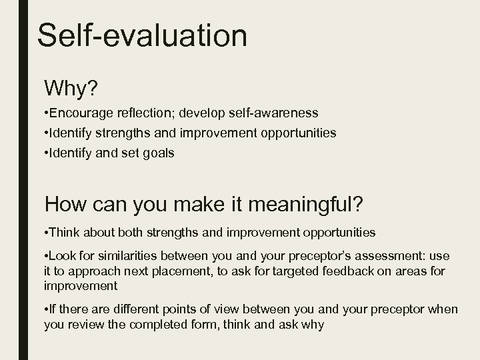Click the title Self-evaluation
[x=142, y=35]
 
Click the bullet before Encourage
[x=47, y=113]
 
